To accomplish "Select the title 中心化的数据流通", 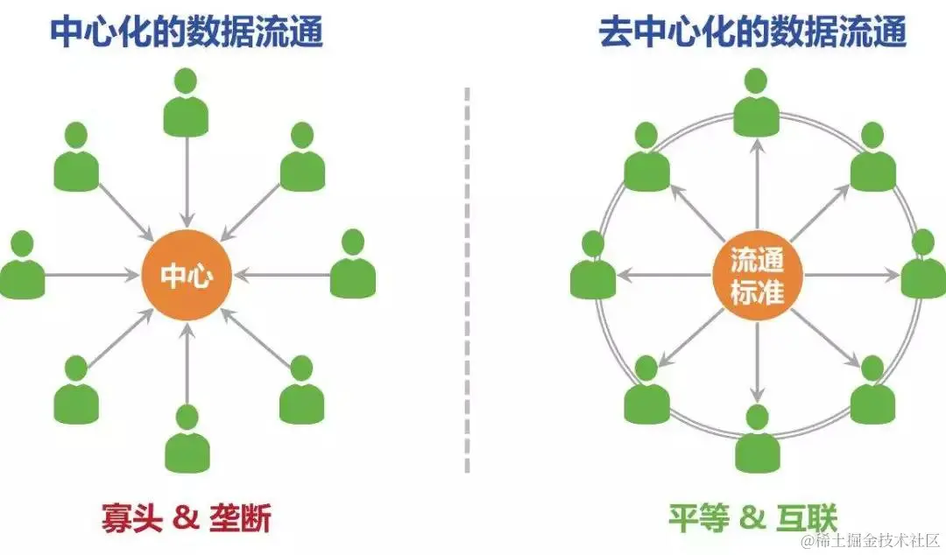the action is pyautogui.click(x=186, y=33).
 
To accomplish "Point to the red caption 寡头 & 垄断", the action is pyautogui.click(x=186, y=520).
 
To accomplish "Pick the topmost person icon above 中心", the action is pyautogui.click(x=187, y=103).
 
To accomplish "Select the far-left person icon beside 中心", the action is pyautogui.click(x=23, y=267).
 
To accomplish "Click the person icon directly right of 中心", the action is pyautogui.click(x=353, y=267).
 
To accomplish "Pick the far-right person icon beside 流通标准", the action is pyautogui.click(x=922, y=267).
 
